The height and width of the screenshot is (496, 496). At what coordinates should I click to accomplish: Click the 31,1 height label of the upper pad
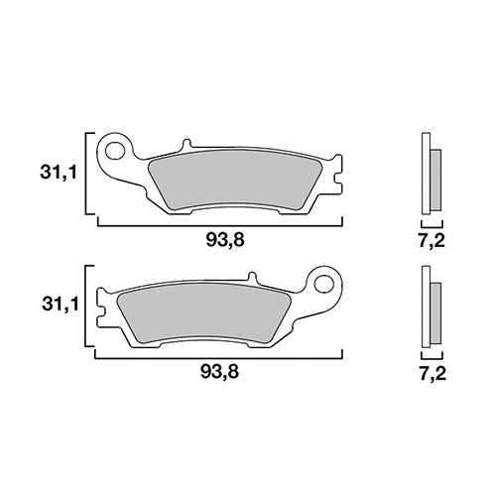(x=59, y=174)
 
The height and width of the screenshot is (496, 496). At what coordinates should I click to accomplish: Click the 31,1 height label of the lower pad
(x=61, y=305)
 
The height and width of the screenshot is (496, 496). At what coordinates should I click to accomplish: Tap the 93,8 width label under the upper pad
(x=225, y=240)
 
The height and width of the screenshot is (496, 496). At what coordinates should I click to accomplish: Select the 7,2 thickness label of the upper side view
(x=433, y=240)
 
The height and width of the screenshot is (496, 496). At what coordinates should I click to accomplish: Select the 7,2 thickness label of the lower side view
(x=434, y=373)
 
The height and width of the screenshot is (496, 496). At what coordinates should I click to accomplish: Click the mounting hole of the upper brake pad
(x=114, y=150)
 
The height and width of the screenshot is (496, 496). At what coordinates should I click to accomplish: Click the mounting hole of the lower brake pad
(x=323, y=283)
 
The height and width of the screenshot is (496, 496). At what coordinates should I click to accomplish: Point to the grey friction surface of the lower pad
(x=204, y=313)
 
